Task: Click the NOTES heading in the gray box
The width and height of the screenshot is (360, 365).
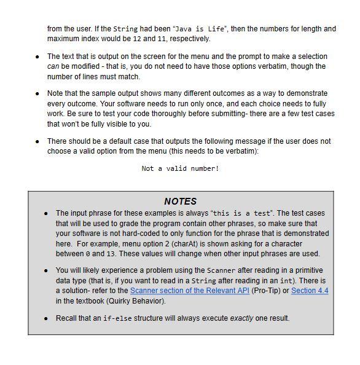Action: click(x=180, y=201)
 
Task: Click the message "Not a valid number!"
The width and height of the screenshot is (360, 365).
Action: click(x=180, y=168)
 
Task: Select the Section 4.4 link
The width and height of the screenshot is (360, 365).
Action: click(x=310, y=291)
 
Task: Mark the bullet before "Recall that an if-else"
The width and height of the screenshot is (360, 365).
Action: click(x=46, y=318)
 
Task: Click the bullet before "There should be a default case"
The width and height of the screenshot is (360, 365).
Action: click(x=37, y=141)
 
